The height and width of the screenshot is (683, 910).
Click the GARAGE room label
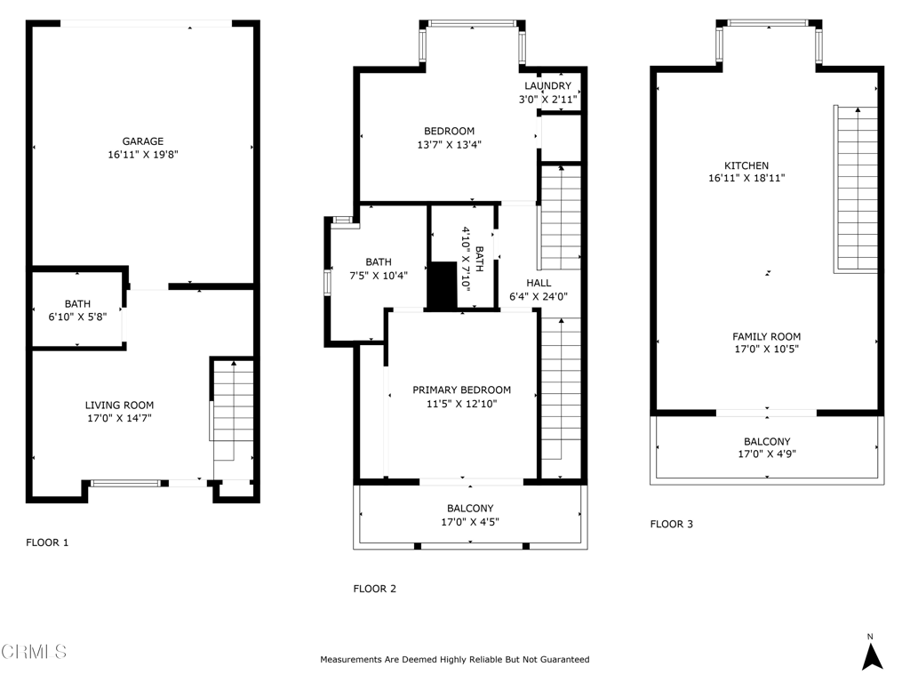(143, 141)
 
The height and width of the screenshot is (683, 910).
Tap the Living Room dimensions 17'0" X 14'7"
(120, 418)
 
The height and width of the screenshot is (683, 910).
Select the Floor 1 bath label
(77, 304)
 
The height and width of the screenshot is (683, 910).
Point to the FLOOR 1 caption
(47, 542)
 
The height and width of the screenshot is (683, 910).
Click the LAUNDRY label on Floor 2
(547, 86)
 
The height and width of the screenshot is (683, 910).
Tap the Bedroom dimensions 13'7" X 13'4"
(449, 145)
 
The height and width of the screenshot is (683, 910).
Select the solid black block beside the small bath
(443, 285)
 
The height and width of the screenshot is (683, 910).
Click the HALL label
(539, 283)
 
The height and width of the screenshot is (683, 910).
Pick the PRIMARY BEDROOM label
(462, 390)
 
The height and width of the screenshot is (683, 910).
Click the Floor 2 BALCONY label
(470, 508)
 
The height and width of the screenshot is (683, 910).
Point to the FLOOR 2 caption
(375, 589)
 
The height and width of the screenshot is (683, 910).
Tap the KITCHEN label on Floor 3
(746, 165)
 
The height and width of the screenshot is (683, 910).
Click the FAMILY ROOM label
(767, 336)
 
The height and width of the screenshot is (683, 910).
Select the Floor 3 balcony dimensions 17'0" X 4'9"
(767, 454)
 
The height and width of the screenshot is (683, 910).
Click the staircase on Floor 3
(856, 189)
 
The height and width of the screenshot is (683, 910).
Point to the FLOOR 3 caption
(672, 524)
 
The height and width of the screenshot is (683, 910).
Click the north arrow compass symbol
(871, 653)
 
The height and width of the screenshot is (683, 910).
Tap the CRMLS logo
(34, 651)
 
